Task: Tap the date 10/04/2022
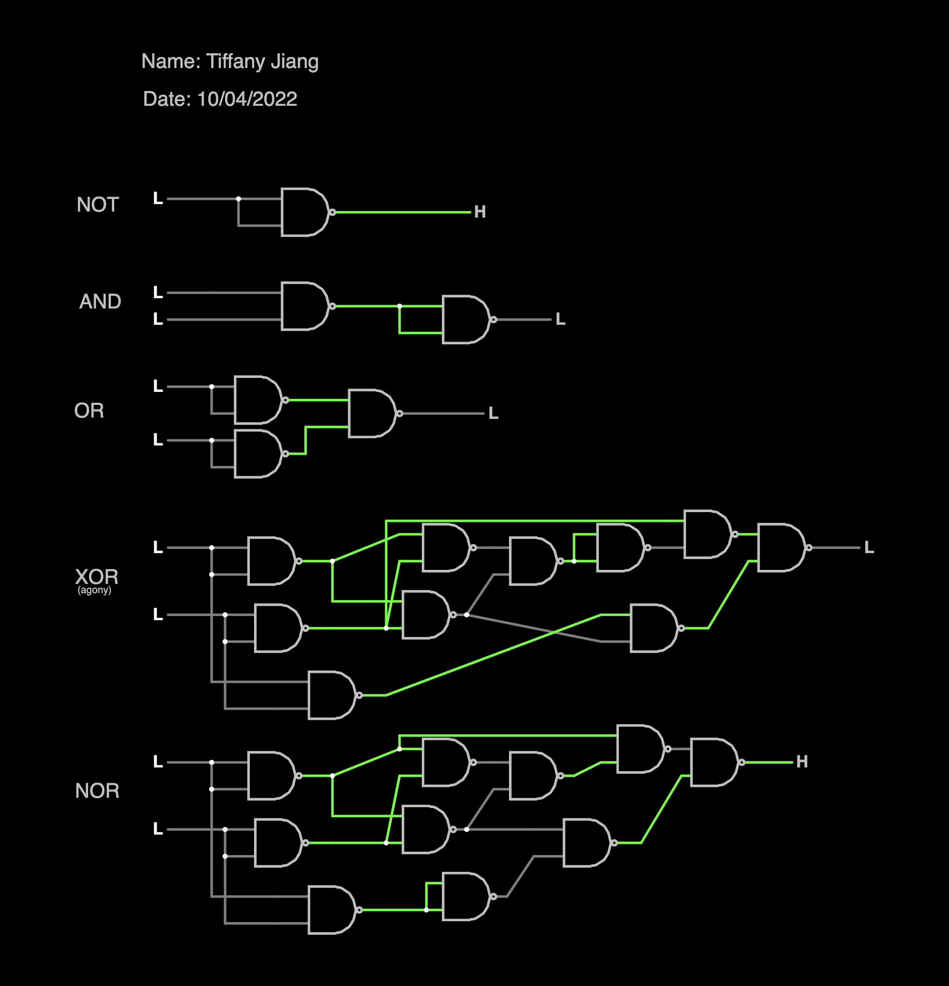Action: pyautogui.click(x=247, y=99)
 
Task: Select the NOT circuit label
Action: pyautogui.click(x=97, y=205)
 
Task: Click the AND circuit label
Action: pyautogui.click(x=100, y=301)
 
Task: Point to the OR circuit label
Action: pyautogui.click(x=89, y=411)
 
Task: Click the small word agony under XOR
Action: pyautogui.click(x=94, y=590)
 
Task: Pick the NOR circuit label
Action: pyautogui.click(x=97, y=791)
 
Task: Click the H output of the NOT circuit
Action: pyautogui.click(x=480, y=212)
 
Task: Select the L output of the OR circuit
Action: pyautogui.click(x=493, y=413)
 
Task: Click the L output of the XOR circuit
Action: pyautogui.click(x=869, y=548)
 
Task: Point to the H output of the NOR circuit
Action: pyautogui.click(x=802, y=762)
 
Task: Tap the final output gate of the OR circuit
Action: pyautogui.click(x=371, y=413)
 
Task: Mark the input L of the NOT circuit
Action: pyautogui.click(x=158, y=199)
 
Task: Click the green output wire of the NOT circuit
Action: pyautogui.click(x=403, y=212)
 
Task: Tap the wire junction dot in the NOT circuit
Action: pyautogui.click(x=239, y=199)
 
